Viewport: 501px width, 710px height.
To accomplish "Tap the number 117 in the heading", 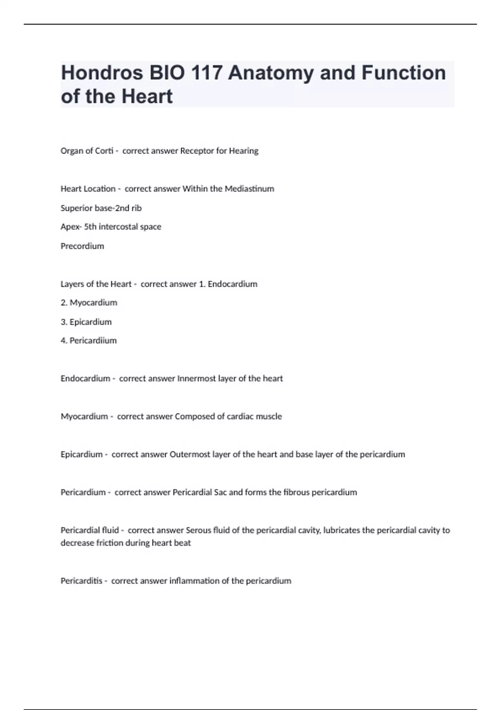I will click(206, 73).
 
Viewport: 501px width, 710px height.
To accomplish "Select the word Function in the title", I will click(403, 73).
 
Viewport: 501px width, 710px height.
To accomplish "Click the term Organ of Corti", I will click(87, 151).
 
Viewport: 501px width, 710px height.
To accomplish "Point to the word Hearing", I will click(243, 151).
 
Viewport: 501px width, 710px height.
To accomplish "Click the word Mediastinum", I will click(249, 189).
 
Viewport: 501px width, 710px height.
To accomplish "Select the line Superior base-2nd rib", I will click(101, 208).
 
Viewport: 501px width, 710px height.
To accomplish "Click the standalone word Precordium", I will click(82, 246).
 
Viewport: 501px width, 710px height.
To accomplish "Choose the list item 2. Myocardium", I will click(89, 302).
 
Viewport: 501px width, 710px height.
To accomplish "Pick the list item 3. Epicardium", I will click(86, 322).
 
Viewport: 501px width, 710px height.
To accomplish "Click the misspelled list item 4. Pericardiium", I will click(89, 340).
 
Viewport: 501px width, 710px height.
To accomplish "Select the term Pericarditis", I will click(81, 581).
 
